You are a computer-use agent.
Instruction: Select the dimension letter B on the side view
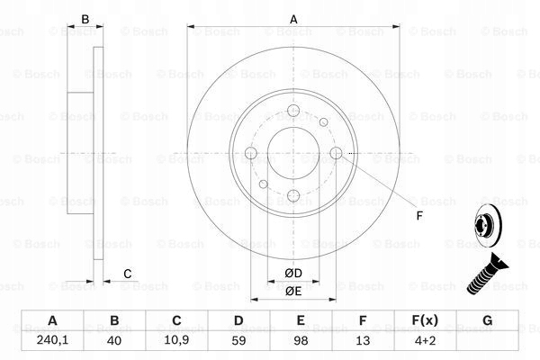[85, 19]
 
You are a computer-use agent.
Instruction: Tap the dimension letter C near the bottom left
[128, 274]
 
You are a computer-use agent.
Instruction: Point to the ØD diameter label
[292, 274]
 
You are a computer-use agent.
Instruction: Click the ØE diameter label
[292, 291]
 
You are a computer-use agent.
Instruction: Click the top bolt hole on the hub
[293, 112]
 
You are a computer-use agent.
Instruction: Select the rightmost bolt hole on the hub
[337, 154]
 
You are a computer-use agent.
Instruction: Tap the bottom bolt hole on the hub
[293, 196]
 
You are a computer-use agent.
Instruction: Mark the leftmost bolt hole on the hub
[251, 154]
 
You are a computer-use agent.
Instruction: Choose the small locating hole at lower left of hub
[263, 184]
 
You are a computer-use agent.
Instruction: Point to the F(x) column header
[425, 320]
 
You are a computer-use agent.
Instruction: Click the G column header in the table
[487, 320]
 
